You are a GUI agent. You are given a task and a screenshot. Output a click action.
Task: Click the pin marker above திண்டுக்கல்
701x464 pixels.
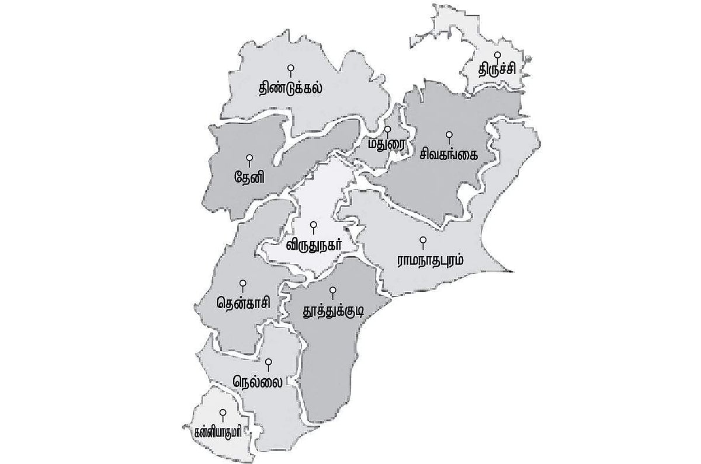point(291,69)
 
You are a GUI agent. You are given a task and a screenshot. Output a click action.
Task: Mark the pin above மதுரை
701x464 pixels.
point(387,129)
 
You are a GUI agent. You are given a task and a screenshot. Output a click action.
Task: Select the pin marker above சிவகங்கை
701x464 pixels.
point(449,135)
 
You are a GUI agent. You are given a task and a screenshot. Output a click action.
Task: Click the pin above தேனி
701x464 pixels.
point(249,158)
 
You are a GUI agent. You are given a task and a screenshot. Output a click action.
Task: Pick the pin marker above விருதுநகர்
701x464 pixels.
point(313,224)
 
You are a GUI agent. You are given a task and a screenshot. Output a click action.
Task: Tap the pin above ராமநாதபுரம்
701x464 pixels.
point(424,240)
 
